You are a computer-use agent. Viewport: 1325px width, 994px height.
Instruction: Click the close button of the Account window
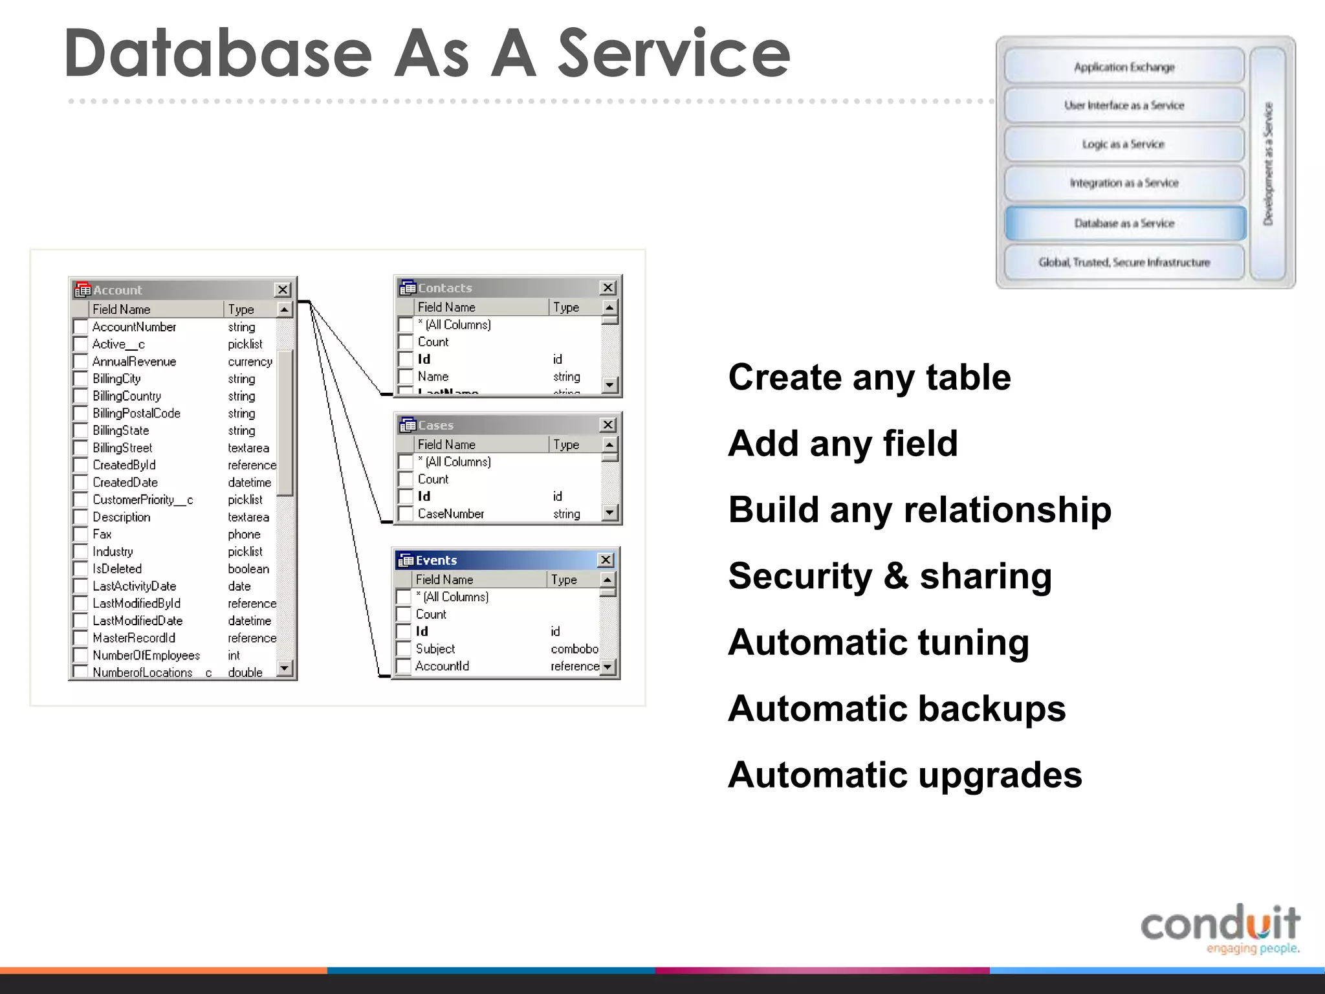(283, 290)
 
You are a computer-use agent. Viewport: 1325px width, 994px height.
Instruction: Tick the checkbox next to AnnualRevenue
(81, 362)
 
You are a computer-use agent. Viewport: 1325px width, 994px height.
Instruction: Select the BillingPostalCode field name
(137, 414)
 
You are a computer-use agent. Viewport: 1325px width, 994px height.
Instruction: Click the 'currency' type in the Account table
(250, 362)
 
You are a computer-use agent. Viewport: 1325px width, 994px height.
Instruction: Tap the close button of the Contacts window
(608, 288)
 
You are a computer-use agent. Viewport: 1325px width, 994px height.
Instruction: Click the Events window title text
(437, 560)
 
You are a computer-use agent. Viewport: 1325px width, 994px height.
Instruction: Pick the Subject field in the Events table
(435, 649)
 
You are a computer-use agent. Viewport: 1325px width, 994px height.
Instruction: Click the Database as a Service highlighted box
(1124, 223)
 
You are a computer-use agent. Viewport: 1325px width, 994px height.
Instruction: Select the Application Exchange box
(1124, 67)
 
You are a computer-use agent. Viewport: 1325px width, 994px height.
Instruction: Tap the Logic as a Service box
(1124, 144)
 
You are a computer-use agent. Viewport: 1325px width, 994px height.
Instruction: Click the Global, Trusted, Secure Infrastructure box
(1124, 262)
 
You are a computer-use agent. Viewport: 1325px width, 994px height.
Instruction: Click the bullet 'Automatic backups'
(897, 709)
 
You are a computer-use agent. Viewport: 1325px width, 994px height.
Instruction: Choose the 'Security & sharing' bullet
(890, 576)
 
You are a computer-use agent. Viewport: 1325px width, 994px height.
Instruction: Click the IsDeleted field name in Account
(117, 569)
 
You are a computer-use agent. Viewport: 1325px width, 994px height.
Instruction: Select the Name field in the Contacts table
(433, 377)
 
